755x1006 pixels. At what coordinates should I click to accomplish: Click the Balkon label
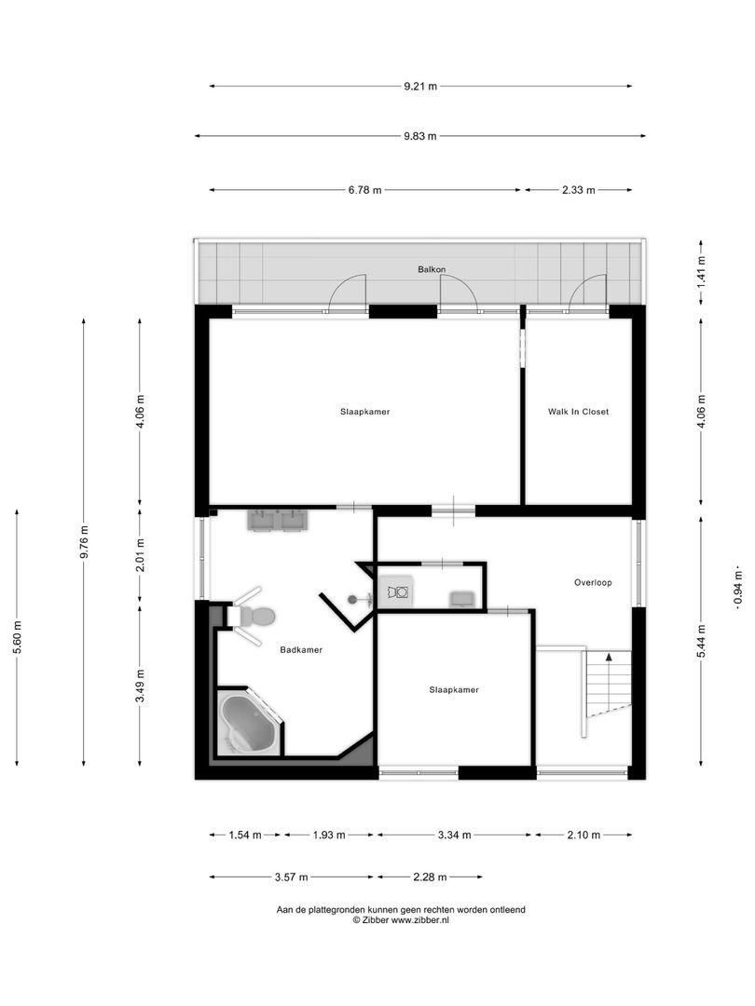click(432, 269)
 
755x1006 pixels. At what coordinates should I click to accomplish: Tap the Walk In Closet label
click(578, 411)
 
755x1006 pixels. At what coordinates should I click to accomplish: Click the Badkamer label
click(301, 650)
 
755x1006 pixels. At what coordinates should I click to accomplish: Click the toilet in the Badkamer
click(256, 616)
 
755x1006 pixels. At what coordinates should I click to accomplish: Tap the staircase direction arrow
click(609, 658)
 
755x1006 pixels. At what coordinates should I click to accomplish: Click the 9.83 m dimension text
click(420, 136)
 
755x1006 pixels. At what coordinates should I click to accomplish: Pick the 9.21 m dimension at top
click(420, 87)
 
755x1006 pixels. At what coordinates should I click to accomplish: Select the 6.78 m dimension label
click(365, 190)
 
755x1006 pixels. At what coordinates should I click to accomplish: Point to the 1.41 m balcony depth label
click(702, 269)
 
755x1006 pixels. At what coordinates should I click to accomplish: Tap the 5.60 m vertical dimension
click(17, 638)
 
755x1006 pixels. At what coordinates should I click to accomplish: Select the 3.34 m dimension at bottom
click(454, 835)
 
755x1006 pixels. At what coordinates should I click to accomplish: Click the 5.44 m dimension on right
click(702, 639)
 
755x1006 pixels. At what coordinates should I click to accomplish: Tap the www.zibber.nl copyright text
click(401, 919)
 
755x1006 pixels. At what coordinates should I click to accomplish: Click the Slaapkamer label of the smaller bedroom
click(454, 690)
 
